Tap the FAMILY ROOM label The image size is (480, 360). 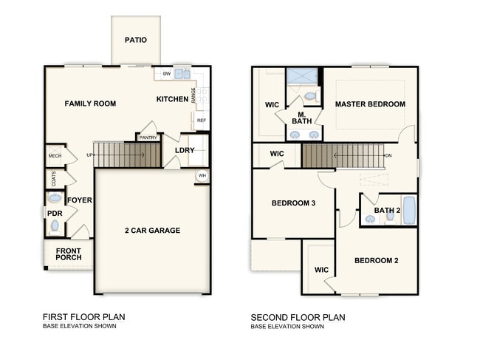[x=90, y=103]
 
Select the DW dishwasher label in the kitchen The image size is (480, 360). [x=167, y=74]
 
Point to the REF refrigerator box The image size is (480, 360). [x=201, y=120]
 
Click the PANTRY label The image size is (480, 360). [x=148, y=137]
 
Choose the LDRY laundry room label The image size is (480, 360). [x=185, y=150]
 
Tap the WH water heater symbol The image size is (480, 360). [x=202, y=176]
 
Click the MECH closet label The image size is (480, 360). [x=55, y=156]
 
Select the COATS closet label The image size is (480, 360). [x=54, y=179]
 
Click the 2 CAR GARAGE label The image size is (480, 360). [x=152, y=231]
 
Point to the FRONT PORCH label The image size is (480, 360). [x=69, y=254]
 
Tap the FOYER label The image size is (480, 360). [x=79, y=200]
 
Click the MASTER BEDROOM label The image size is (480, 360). [x=370, y=104]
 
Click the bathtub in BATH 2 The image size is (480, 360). [x=409, y=211]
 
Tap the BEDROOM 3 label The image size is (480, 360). [x=293, y=203]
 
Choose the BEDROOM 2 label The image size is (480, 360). [x=376, y=260]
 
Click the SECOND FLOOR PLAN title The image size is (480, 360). [x=298, y=317]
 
